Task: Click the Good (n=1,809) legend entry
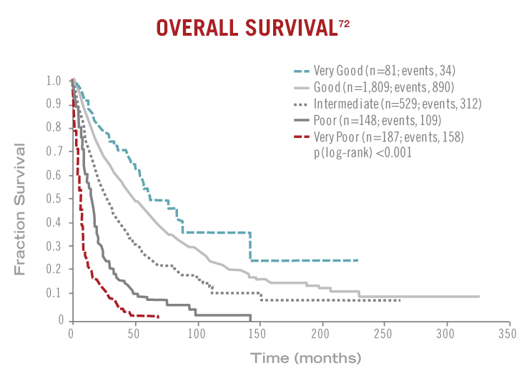point(381,87)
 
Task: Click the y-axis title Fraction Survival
point(22,208)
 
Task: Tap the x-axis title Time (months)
point(305,357)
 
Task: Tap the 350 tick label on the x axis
point(509,334)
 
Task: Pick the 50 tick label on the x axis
point(134,334)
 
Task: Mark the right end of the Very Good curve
point(357,260)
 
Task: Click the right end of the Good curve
point(479,296)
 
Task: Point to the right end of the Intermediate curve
point(400,300)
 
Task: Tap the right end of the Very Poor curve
point(159,317)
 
